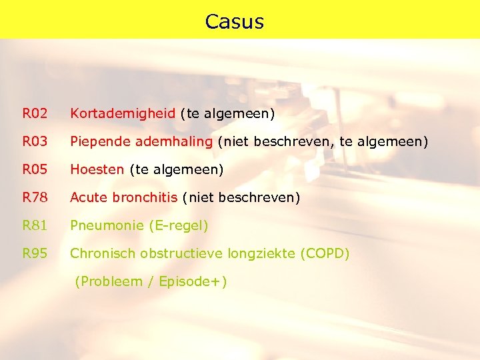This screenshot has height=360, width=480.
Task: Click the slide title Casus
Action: pos(235,21)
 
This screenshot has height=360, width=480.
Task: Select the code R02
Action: pos(35,114)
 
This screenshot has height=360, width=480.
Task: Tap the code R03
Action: pos(35,142)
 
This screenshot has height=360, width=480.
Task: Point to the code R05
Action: pos(35,170)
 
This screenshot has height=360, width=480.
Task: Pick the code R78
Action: pos(35,198)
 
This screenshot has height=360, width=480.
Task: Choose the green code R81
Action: pos(35,226)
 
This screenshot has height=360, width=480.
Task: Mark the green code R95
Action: pos(35,254)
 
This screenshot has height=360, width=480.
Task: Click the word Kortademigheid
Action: pos(123,114)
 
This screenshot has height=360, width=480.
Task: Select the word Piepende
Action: pos(101,142)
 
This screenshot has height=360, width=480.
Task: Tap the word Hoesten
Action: pos(97,170)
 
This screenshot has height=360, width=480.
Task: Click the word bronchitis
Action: pos(145,198)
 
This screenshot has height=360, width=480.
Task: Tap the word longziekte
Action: pos(261,254)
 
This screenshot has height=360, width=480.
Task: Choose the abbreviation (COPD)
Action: pos(325,254)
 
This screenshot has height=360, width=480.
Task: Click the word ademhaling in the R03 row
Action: pos(174,142)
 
